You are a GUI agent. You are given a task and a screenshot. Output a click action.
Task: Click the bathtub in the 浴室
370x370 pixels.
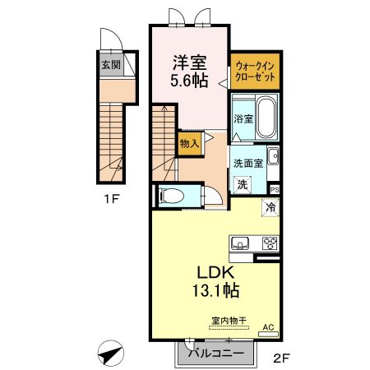(266, 118)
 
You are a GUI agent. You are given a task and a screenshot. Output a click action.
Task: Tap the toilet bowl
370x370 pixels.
(171, 196)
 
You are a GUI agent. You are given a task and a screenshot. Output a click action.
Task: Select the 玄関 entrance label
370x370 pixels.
(111, 65)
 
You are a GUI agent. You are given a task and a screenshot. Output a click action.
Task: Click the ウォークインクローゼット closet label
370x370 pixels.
(255, 72)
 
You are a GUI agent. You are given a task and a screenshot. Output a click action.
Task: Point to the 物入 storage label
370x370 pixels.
(190, 143)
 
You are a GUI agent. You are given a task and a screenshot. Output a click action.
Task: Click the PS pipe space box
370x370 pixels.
(275, 189)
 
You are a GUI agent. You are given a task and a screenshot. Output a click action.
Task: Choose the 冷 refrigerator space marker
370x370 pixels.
(271, 207)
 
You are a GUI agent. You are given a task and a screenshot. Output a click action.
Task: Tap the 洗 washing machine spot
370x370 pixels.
(243, 184)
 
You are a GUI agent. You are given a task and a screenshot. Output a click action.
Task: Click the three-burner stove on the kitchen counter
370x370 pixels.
(271, 243)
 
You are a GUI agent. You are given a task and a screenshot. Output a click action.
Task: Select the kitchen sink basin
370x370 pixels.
(240, 243)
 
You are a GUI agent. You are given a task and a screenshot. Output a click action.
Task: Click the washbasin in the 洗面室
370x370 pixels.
(273, 156)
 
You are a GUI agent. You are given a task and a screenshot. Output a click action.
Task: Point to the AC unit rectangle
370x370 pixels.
(269, 334)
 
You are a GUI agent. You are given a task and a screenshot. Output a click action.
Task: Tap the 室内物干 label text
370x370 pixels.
(229, 320)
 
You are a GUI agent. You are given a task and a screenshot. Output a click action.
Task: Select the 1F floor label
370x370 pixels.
(112, 199)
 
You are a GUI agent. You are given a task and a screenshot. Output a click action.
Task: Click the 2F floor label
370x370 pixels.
(281, 358)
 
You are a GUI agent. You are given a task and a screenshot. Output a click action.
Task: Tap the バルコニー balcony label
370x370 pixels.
(216, 353)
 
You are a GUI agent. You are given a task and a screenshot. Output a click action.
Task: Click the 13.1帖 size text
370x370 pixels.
(216, 290)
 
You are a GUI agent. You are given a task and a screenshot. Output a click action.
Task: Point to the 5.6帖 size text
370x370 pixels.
(189, 80)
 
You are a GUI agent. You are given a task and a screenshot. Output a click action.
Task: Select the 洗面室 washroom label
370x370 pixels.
(248, 164)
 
